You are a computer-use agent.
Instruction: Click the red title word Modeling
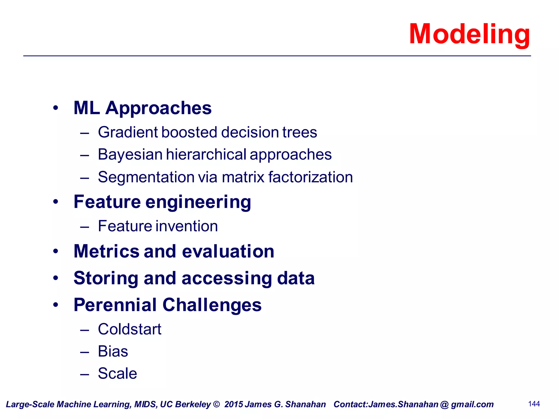(x=469, y=34)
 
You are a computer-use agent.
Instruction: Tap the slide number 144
(x=534, y=404)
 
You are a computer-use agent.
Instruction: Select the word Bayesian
(x=130, y=155)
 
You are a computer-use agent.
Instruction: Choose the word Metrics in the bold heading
(x=106, y=251)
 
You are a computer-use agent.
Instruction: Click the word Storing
(x=106, y=279)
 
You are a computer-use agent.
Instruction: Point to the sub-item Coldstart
(x=130, y=329)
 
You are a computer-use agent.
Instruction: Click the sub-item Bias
(x=113, y=351)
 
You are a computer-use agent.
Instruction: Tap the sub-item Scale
(x=117, y=373)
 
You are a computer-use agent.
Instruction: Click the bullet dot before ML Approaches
(x=56, y=108)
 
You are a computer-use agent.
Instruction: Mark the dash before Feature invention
(x=85, y=227)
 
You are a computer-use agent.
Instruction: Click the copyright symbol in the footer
(x=216, y=404)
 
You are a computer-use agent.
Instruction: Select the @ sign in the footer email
(x=445, y=405)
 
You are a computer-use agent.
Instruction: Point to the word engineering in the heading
(x=198, y=202)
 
